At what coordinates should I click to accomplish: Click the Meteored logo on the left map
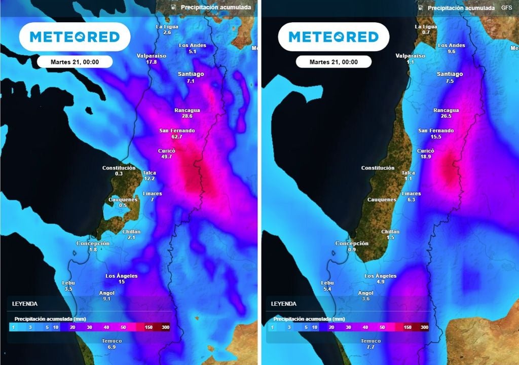coord(75,36)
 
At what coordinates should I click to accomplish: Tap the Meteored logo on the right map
coord(333,36)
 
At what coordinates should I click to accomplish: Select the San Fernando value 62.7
coord(177,137)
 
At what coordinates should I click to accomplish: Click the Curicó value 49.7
coord(167,157)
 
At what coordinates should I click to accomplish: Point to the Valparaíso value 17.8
coord(152,62)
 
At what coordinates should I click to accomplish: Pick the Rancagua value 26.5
coord(446,116)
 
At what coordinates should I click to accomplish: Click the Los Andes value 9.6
coord(451,52)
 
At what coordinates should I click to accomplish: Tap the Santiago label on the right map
coord(450,74)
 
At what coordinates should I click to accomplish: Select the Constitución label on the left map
coord(119,168)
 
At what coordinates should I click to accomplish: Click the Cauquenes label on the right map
coord(381,200)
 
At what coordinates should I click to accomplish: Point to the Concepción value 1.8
coord(93,250)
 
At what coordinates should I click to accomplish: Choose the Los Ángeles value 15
coord(122,282)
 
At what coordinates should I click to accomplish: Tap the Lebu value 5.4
coord(327,289)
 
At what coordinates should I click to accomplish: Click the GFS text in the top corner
coord(506,8)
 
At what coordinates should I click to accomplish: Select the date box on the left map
coord(75,62)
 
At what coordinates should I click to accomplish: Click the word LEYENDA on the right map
coord(284,304)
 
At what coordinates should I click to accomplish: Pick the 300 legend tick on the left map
coord(166,327)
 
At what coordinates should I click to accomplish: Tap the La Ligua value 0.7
coord(426,32)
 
